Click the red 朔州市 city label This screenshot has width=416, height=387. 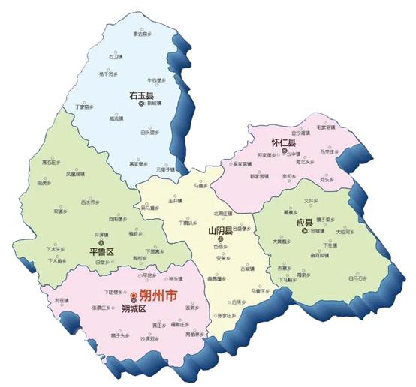(x=161, y=296)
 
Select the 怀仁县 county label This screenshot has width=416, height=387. (x=283, y=142)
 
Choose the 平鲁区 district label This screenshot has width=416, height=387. (x=100, y=251)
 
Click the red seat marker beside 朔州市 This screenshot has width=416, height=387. (x=133, y=296)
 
